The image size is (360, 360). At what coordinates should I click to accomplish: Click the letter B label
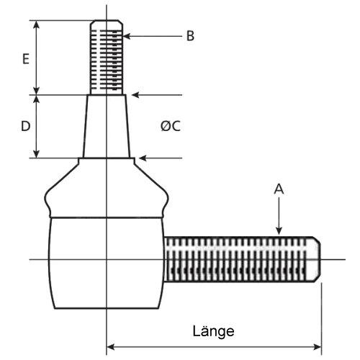pyautogui.click(x=190, y=36)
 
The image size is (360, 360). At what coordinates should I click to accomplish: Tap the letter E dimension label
pyautogui.click(x=26, y=58)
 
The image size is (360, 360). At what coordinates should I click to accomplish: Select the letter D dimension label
pyautogui.click(x=26, y=126)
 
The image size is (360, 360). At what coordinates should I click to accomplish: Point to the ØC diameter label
pyautogui.click(x=171, y=126)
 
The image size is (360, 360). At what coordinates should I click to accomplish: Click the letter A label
pyautogui.click(x=279, y=189)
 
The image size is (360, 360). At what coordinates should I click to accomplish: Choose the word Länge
pyautogui.click(x=213, y=332)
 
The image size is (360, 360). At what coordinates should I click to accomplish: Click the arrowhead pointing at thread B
pyautogui.click(x=127, y=36)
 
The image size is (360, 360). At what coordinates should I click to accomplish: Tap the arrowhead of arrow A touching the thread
pyautogui.click(x=279, y=231)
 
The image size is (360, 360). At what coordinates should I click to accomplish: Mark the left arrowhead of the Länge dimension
pyautogui.click(x=110, y=347)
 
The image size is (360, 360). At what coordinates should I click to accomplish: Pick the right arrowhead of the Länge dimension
pyautogui.click(x=318, y=347)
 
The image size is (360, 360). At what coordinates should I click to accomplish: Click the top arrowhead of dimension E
pyautogui.click(x=36, y=24)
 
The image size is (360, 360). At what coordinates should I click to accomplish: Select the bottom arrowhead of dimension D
pyautogui.click(x=36, y=154)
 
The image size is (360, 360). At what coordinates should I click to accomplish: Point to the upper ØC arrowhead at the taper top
pyautogui.click(x=135, y=95)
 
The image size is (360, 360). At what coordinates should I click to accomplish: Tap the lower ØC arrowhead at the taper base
pyautogui.click(x=143, y=158)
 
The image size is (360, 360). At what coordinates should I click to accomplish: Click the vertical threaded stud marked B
pyautogui.click(x=107, y=58)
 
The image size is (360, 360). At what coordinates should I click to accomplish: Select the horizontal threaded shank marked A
pyautogui.click(x=243, y=259)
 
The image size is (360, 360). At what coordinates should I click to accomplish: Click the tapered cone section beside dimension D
pyautogui.click(x=107, y=127)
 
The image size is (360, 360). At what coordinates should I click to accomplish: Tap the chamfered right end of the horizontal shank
pyautogui.click(x=316, y=259)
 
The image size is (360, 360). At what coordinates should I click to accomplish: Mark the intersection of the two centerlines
pyautogui.click(x=107, y=259)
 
